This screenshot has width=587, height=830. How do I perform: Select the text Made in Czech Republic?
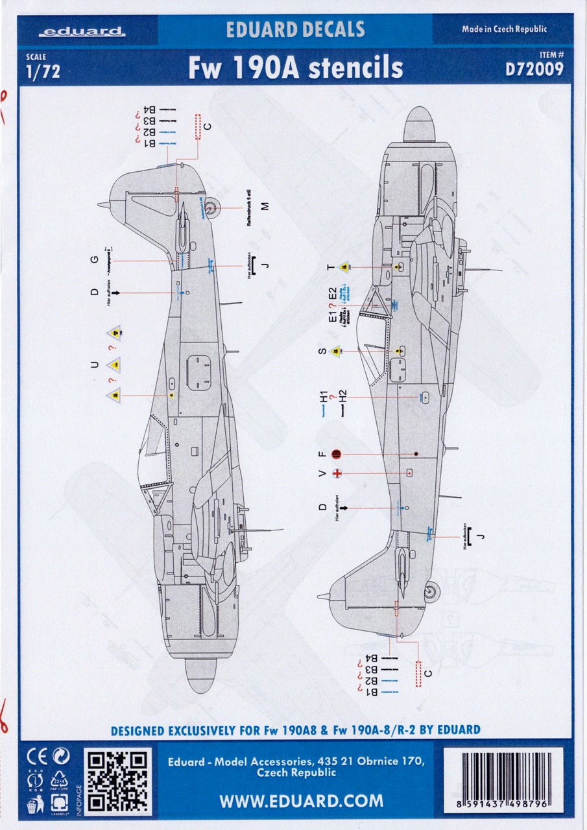click(x=504, y=29)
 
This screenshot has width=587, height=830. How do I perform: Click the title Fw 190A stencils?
click(x=295, y=67)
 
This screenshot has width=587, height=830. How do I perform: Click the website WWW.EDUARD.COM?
click(x=301, y=801)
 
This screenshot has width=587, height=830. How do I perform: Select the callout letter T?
click(x=331, y=267)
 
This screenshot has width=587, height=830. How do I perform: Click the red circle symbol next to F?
click(x=336, y=454)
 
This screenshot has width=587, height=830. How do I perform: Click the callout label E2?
click(x=333, y=292)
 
